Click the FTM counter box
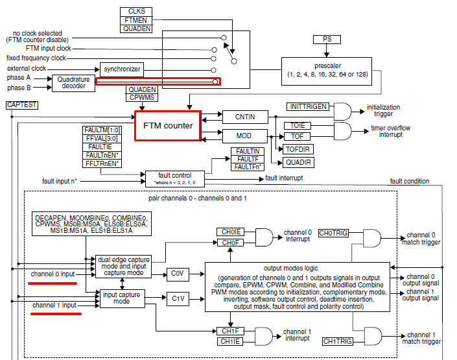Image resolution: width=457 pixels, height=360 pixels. (x=168, y=125)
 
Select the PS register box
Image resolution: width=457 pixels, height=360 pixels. (x=327, y=40)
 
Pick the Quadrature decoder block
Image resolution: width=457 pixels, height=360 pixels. (x=73, y=82)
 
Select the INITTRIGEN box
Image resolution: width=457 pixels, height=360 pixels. (x=308, y=106)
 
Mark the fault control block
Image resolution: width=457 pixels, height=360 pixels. (x=174, y=177)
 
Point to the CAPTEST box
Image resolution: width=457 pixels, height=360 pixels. (x=19, y=104)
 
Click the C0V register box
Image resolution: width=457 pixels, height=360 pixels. (x=178, y=273)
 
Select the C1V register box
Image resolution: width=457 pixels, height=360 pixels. (x=178, y=298)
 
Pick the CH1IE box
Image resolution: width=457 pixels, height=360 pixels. (x=231, y=341)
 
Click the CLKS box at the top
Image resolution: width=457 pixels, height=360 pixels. (x=136, y=10)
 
